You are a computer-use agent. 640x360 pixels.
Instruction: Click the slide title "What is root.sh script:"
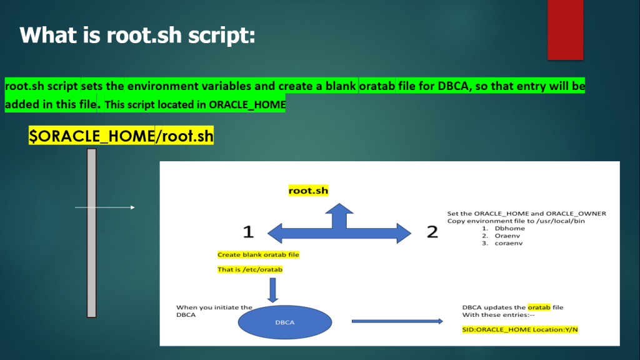[137, 34]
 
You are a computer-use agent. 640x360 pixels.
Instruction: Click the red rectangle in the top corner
[565, 29]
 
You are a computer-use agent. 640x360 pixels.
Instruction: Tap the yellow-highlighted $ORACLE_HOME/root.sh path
[121, 136]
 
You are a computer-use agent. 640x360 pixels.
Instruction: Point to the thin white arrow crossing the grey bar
[105, 207]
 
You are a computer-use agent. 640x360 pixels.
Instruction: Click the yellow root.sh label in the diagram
[308, 191]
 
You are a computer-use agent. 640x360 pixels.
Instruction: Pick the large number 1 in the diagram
[248, 232]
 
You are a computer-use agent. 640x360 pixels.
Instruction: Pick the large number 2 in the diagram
[432, 232]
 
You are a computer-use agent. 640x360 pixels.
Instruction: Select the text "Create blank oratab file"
[258, 255]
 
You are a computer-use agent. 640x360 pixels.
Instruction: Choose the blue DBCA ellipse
[285, 322]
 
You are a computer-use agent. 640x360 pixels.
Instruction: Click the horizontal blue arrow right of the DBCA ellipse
[397, 321]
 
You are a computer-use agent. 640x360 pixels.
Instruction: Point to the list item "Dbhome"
[509, 229]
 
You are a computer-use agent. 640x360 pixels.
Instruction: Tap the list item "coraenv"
[509, 244]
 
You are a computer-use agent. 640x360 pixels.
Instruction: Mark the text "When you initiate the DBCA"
[214, 311]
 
